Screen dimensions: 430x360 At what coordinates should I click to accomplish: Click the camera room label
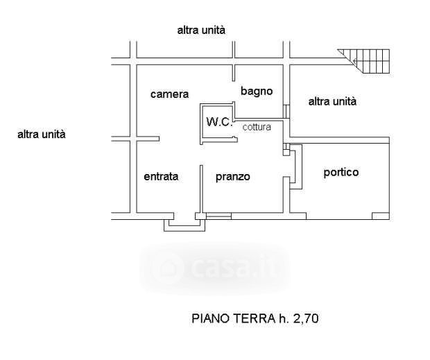click(169, 94)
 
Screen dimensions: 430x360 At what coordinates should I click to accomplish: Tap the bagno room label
click(257, 91)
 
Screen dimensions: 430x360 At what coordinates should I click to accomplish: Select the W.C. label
click(219, 122)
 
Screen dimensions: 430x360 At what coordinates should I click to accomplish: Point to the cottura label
click(257, 127)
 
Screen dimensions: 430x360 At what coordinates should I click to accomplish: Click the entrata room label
click(161, 176)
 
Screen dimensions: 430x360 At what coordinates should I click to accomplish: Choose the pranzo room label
click(233, 177)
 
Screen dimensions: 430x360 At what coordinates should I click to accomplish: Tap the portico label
click(341, 172)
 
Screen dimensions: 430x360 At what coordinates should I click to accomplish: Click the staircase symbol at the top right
click(365, 61)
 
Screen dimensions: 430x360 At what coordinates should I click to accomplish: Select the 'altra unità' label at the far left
click(42, 135)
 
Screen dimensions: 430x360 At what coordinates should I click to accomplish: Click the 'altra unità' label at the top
click(201, 30)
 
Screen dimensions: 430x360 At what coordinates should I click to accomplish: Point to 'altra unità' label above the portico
click(332, 101)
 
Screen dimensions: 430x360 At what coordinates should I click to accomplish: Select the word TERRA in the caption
click(255, 318)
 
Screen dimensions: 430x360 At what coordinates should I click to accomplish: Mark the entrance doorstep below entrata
click(184, 225)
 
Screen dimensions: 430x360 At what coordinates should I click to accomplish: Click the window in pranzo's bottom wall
click(218, 216)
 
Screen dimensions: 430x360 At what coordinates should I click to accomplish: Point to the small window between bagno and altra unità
click(286, 111)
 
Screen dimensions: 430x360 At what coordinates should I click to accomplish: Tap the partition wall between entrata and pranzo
click(201, 189)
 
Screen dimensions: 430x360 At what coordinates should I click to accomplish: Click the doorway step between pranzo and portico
click(295, 166)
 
